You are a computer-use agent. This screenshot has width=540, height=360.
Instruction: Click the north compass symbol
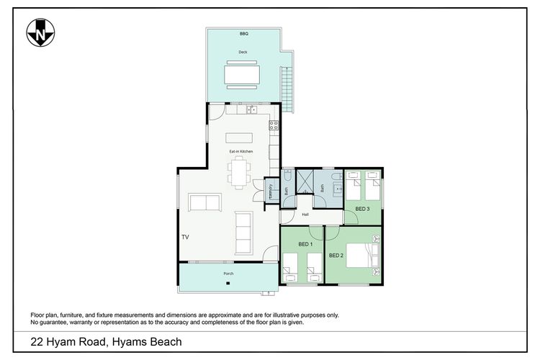(x=40, y=32)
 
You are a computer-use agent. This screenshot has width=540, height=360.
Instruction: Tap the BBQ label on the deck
(x=244, y=34)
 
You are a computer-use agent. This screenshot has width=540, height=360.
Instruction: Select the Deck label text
(x=243, y=52)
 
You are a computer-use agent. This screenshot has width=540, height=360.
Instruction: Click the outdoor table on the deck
(x=242, y=75)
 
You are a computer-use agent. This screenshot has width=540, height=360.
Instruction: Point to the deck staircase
(x=287, y=89)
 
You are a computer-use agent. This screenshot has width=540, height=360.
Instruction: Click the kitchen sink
(x=252, y=110)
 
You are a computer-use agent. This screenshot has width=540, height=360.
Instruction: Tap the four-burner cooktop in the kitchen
(x=274, y=125)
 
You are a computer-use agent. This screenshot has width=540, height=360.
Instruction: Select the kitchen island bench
(x=239, y=138)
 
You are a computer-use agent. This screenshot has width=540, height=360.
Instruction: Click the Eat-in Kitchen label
(x=241, y=152)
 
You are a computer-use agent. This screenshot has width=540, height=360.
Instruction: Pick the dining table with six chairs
(x=239, y=173)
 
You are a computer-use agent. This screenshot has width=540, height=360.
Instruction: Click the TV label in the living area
(x=185, y=237)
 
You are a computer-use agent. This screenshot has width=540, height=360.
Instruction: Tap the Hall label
(x=305, y=215)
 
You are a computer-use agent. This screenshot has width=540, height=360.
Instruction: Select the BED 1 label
(x=305, y=244)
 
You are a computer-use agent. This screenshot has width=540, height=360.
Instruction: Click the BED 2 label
(x=336, y=256)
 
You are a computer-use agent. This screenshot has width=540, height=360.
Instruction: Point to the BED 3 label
(x=362, y=209)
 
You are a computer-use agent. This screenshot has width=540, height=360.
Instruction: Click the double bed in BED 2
(x=363, y=256)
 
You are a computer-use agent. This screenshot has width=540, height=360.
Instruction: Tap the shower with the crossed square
(x=305, y=182)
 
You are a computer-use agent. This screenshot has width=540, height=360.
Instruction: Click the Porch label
(x=228, y=274)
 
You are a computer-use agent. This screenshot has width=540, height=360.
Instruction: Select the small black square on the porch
(x=228, y=283)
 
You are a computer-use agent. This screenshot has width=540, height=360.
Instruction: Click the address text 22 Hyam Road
(x=68, y=342)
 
